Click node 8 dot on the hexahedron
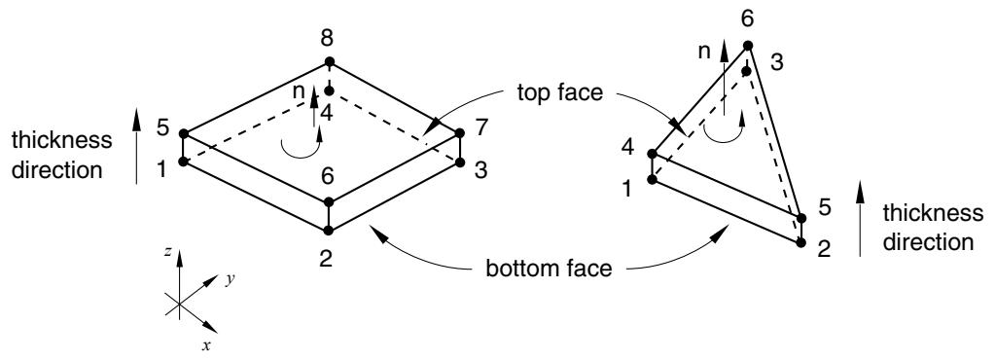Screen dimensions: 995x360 click(x=330, y=61)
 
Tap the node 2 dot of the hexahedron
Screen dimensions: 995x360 click(x=329, y=230)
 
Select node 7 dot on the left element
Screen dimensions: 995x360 click(x=460, y=133)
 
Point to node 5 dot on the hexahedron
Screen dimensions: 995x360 click(x=184, y=134)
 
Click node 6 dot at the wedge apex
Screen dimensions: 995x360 click(x=748, y=45)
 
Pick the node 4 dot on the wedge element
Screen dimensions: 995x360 click(x=652, y=154)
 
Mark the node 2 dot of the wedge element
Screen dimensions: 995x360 click(x=800, y=242)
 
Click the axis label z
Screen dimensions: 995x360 click(x=167, y=251)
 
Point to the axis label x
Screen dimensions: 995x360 click(x=205, y=344)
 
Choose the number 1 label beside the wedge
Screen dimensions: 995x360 click(x=627, y=189)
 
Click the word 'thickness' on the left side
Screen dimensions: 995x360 click(x=61, y=140)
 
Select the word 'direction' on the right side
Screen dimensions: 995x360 click(x=927, y=242)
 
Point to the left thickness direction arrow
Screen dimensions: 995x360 click(x=137, y=145)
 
